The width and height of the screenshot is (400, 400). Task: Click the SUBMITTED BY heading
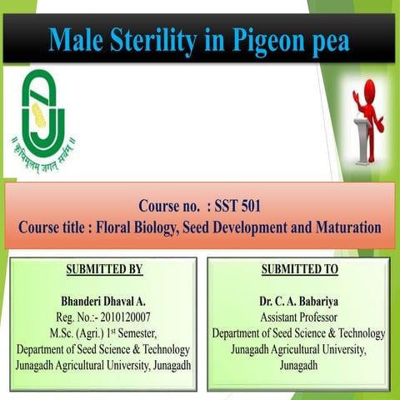103,270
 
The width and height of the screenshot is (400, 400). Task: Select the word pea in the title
328,40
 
